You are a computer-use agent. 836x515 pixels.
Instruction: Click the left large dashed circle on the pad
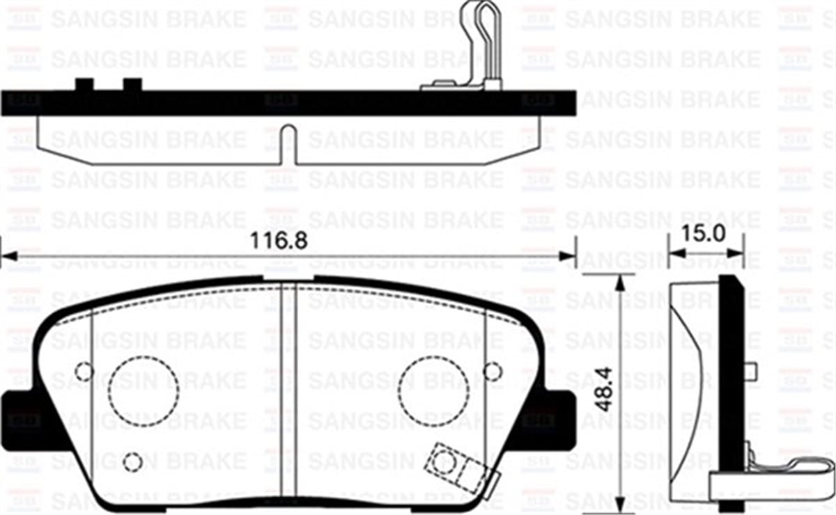(x=144, y=391)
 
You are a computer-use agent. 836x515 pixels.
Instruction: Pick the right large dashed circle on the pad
(x=434, y=391)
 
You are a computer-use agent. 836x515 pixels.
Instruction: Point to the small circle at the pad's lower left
(x=133, y=461)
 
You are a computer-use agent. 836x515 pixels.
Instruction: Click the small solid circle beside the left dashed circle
(x=84, y=372)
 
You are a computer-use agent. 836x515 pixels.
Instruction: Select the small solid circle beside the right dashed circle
(x=493, y=372)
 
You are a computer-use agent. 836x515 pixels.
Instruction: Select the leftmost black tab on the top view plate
(x=84, y=84)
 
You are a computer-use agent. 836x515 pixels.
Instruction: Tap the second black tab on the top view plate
(x=132, y=84)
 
